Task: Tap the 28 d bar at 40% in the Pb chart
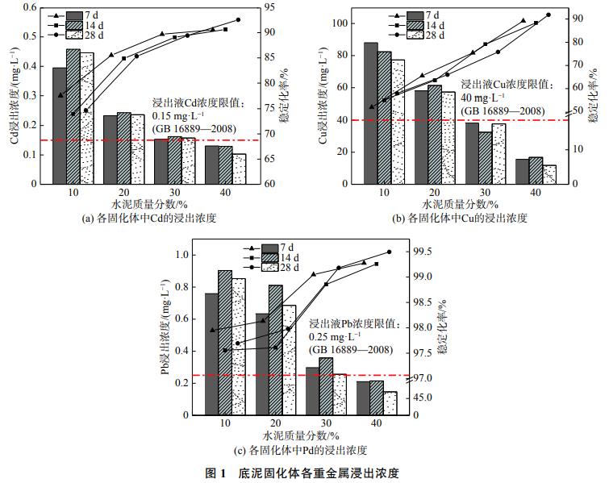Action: click(390, 403)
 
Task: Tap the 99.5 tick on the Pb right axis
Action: click(422, 252)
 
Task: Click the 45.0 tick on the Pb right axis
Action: click(422, 398)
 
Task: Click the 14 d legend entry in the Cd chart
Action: click(91, 26)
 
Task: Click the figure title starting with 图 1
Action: click(304, 472)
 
